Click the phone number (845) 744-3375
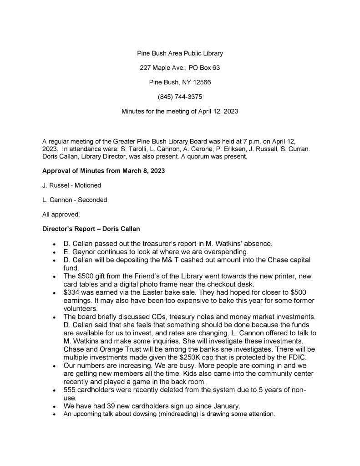click(180, 97)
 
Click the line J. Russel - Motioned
click(71, 185)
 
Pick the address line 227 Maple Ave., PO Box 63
click(180, 68)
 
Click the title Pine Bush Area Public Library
click(180, 53)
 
